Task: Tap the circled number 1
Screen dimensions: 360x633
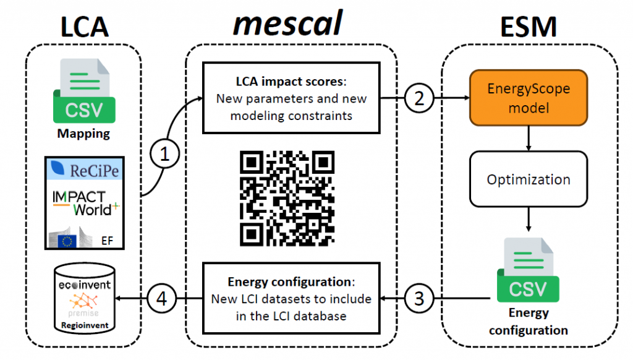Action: coord(164,155)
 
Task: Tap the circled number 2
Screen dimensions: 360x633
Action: coord(419,98)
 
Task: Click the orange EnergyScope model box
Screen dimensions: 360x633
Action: coord(527,98)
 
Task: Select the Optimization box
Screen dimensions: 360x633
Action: coord(527,180)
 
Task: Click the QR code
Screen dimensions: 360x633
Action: coord(287,196)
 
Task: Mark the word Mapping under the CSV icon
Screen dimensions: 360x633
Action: coord(83,133)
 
